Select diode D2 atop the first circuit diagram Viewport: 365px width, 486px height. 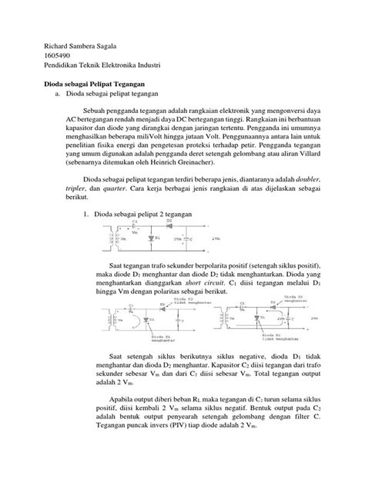click(160, 225)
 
